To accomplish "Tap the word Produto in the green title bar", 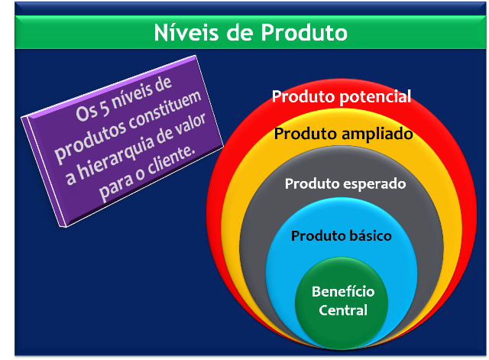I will pos(302,33).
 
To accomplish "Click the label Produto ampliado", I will pos(343,134).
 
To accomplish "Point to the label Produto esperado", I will pos(345,183).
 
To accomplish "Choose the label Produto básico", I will pos(341,235).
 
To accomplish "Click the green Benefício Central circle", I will pos(339,306).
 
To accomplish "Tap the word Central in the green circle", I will pos(339,310).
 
